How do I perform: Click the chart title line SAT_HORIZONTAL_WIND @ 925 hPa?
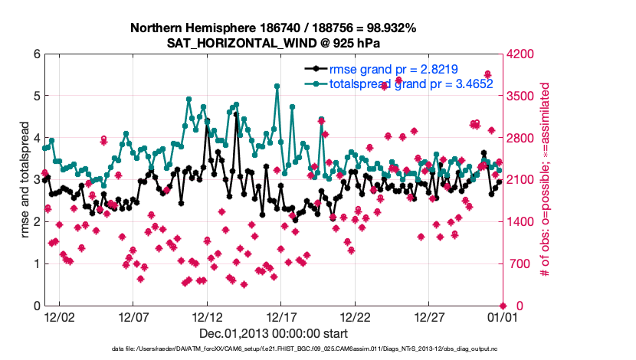tap(273, 43)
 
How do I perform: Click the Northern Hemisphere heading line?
tap(273, 28)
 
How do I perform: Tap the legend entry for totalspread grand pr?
tap(411, 83)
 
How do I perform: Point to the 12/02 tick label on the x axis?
tap(58, 316)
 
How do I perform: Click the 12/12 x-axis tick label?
tap(206, 316)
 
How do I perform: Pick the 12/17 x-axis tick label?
tap(280, 316)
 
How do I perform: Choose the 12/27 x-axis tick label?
tap(428, 316)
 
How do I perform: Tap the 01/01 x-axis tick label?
tap(503, 316)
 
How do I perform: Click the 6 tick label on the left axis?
tap(36, 54)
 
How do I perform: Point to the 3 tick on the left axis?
tap(36, 180)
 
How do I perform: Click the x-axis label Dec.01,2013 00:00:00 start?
tap(273, 333)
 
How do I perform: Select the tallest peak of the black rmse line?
tap(237, 115)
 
